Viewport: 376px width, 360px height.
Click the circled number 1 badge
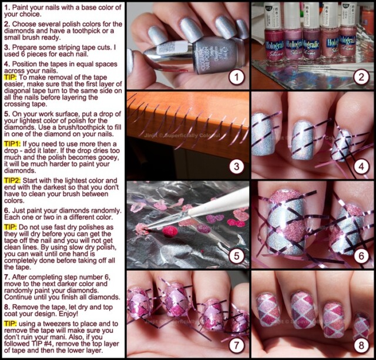(237, 77)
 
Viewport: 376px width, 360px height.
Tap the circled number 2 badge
(361, 77)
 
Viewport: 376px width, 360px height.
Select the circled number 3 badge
(237, 166)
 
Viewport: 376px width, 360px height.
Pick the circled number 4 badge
(361, 166)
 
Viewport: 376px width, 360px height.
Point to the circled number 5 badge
(237, 255)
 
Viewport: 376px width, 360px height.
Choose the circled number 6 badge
(361, 255)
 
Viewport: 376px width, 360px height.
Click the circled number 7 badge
(237, 345)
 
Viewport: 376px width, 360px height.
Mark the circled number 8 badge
(361, 345)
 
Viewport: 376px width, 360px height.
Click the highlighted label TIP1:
(12, 144)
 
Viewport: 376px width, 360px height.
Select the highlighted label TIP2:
(12, 180)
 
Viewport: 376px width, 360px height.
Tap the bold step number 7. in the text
(7, 277)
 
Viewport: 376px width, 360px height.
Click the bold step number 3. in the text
(7, 48)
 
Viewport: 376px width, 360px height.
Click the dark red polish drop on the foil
(170, 231)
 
